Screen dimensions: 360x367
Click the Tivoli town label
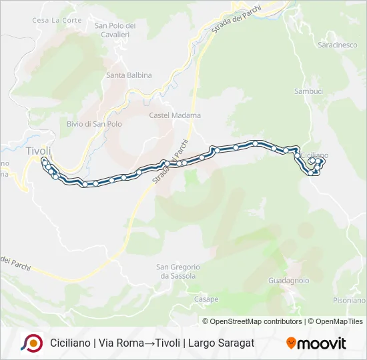coord(38,151)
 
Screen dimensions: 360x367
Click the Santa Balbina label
coord(129,75)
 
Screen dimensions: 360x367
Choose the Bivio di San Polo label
coord(94,124)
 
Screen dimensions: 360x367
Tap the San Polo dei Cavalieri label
coord(115,30)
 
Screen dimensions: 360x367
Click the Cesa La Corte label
coord(57,21)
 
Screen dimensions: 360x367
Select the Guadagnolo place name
coord(288,281)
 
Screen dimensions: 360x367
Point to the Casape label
coord(206,299)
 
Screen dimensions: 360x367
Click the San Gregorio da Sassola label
coord(177,271)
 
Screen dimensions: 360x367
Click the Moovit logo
coord(316,343)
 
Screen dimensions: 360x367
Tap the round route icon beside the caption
coord(31,343)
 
